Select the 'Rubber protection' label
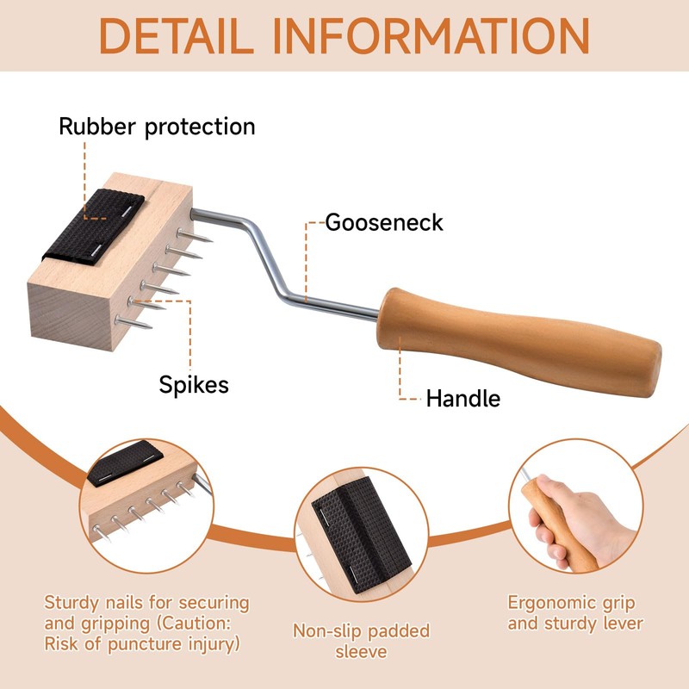click(157, 127)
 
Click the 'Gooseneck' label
click(383, 222)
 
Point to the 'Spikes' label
click(194, 383)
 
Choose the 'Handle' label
click(463, 398)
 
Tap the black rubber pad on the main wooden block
click(105, 222)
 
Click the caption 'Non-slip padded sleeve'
click(361, 642)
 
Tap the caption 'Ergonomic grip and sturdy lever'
click(575, 612)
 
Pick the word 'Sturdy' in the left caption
click(73, 602)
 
